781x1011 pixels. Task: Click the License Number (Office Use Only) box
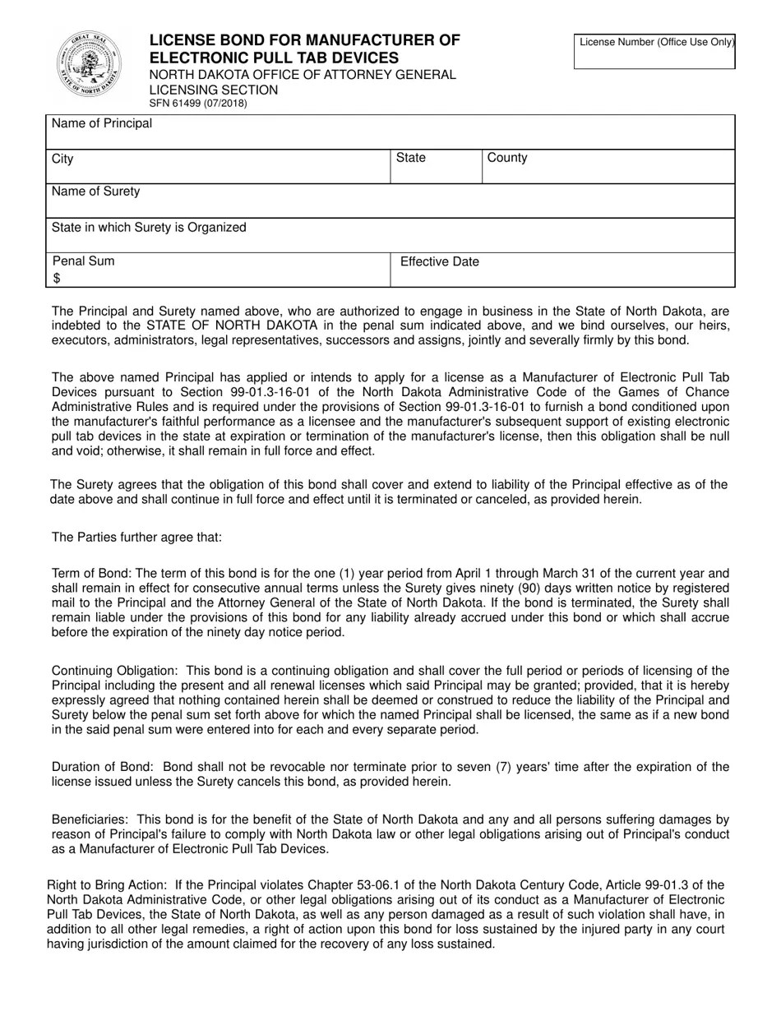[x=654, y=51]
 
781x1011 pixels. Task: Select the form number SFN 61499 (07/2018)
[x=197, y=104]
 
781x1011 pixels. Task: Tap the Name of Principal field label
[x=102, y=123]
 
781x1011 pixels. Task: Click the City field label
[x=62, y=159]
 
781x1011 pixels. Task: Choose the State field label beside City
[x=411, y=158]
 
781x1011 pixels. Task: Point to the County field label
[x=507, y=158]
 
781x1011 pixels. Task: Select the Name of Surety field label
[x=95, y=192]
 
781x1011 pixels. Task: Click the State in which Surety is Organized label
[x=149, y=227]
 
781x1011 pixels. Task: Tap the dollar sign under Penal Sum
[x=57, y=279]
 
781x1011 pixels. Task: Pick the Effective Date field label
[x=439, y=262]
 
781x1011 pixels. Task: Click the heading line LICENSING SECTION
[x=213, y=90]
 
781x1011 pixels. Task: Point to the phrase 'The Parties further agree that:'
[x=136, y=538]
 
